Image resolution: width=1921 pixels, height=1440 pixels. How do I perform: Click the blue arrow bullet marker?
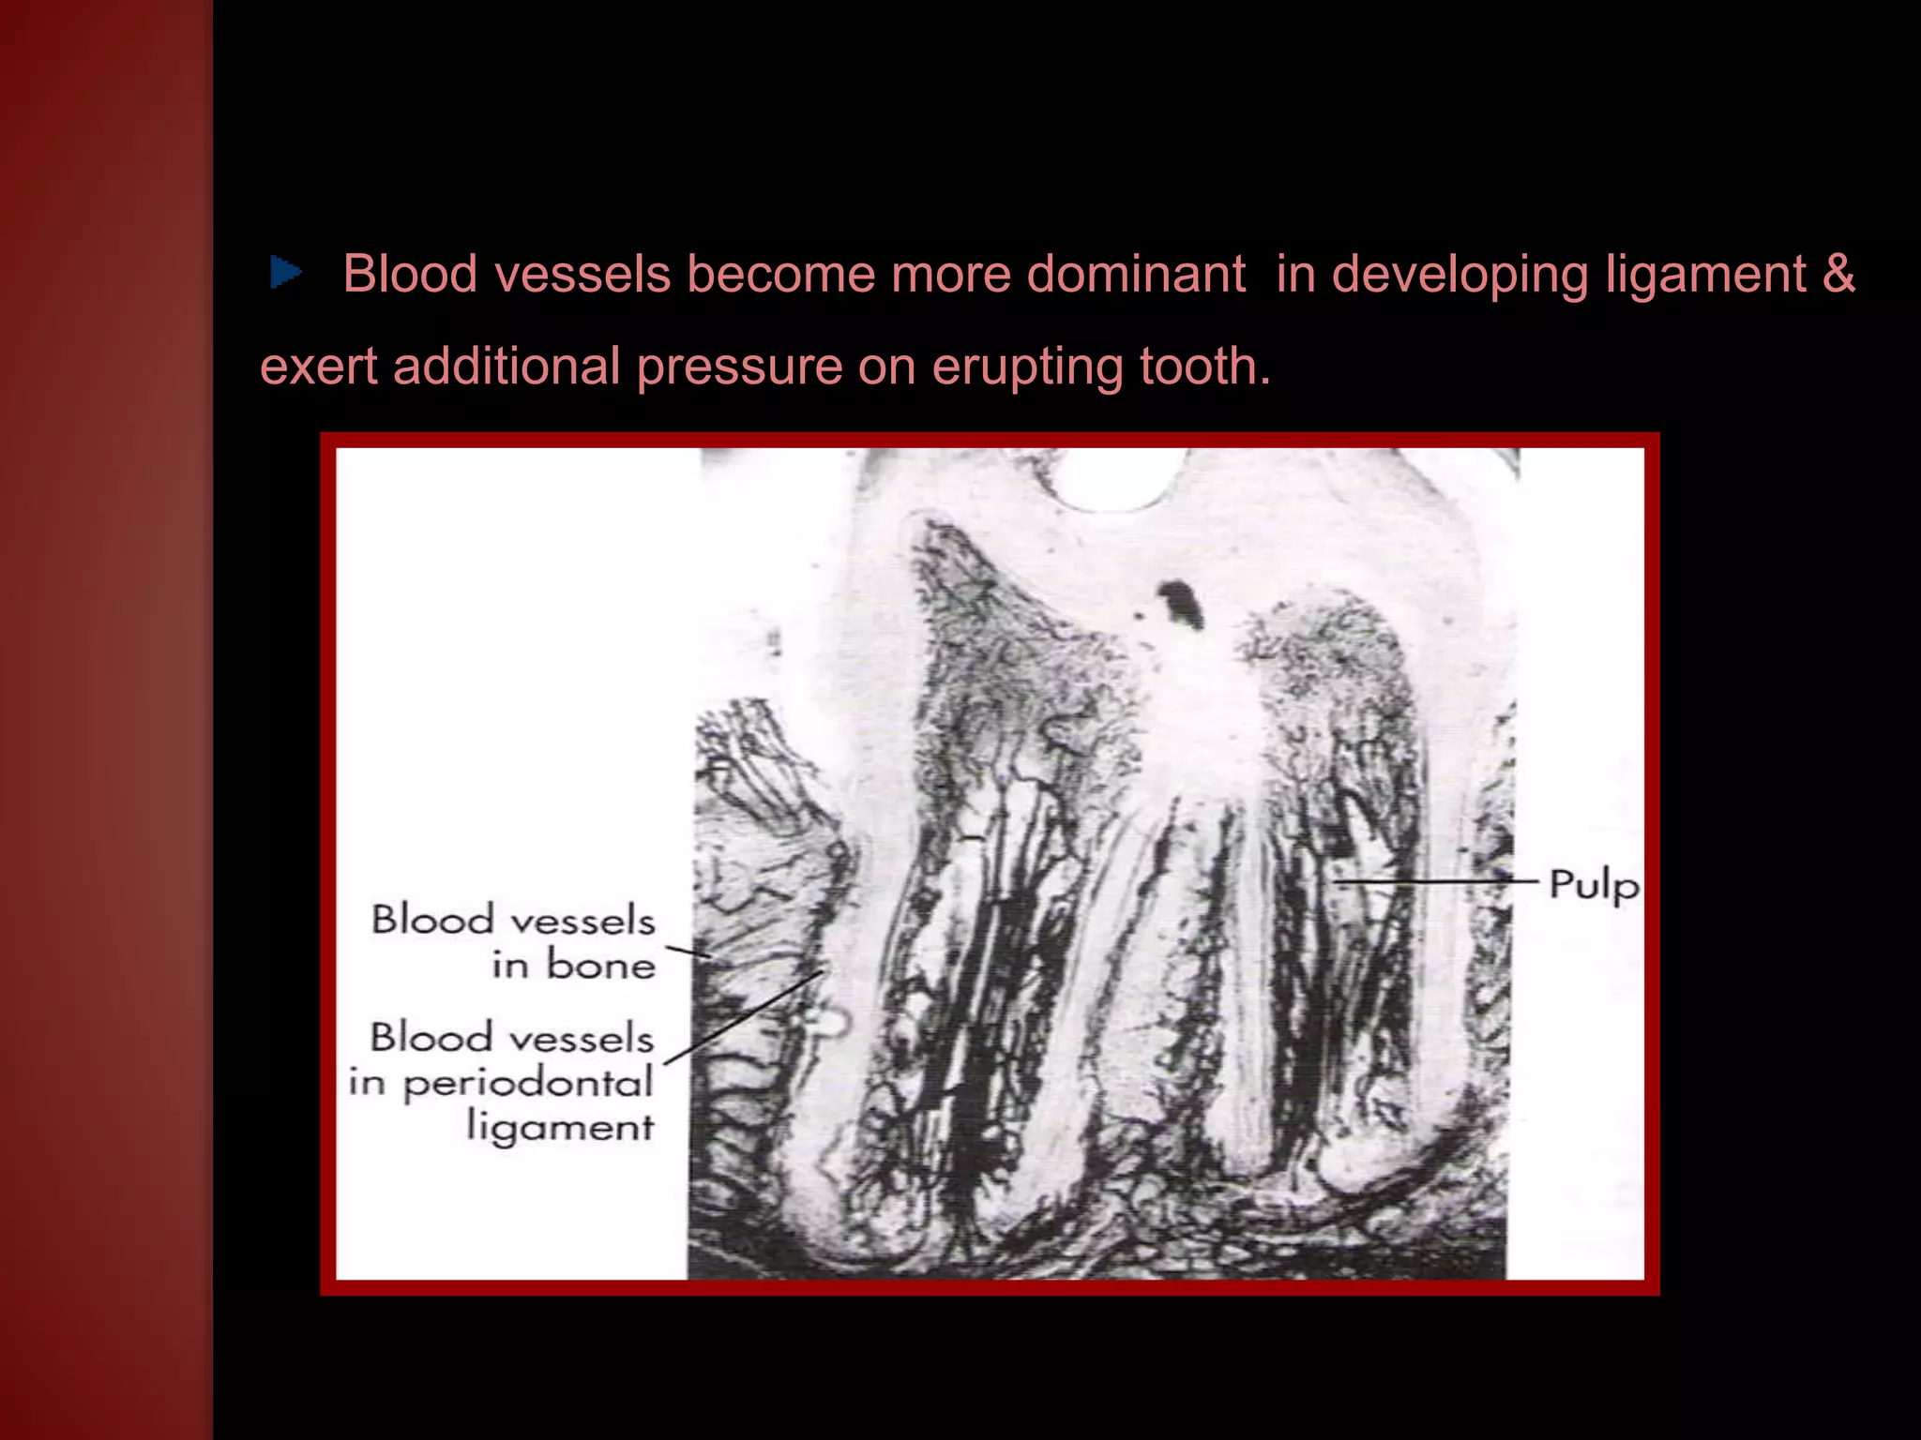(285, 273)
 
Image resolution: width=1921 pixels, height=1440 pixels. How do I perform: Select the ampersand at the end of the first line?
(1839, 274)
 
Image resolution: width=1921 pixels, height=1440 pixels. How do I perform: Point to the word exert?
(318, 366)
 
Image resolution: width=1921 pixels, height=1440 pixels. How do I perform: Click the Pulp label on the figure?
(1593, 884)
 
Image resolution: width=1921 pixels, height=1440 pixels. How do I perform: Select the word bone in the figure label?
(600, 965)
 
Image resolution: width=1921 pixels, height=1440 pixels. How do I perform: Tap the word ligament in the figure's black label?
(560, 1127)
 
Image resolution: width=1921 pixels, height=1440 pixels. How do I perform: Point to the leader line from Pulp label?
(1435, 882)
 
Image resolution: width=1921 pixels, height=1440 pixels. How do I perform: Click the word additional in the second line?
(507, 366)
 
